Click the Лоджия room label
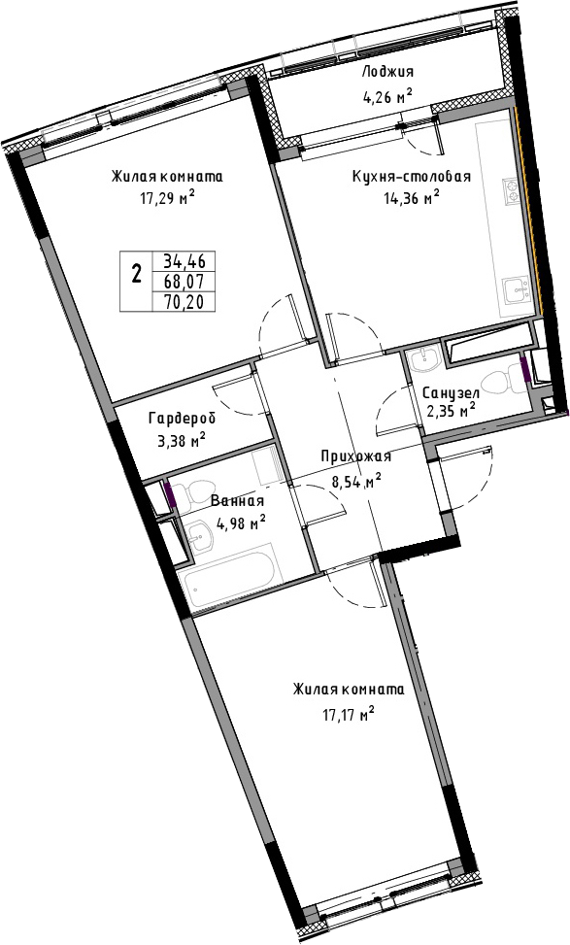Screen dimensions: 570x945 (387, 72)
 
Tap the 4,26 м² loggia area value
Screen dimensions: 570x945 (386, 94)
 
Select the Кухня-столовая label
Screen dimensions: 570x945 (412, 177)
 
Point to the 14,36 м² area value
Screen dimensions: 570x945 (411, 198)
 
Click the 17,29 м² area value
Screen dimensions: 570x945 (168, 198)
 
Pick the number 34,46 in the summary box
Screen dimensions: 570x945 (184, 261)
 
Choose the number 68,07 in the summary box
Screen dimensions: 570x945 (184, 282)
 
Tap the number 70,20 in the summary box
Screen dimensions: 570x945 (184, 301)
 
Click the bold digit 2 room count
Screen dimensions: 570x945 (137, 276)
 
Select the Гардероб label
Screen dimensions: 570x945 (182, 418)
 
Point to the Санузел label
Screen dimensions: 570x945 (451, 393)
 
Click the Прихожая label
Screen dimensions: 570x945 (355, 456)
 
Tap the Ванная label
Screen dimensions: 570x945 (237, 501)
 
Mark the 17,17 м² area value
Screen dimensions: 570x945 (349, 716)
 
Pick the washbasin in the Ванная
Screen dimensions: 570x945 (198, 532)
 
